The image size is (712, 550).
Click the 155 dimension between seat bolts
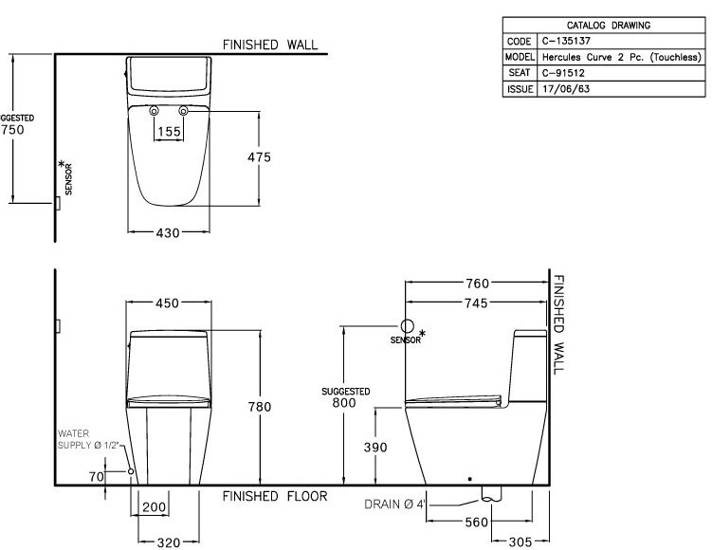pos(168,132)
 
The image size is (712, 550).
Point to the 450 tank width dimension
pos(168,303)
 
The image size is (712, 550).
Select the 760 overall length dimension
pos(477,284)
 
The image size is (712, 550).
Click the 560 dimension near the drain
pos(449,522)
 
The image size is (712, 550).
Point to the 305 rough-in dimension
pos(519,542)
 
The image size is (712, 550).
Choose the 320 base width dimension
pos(168,541)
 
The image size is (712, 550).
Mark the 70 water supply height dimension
pos(96,477)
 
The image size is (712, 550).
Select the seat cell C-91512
pos(559,72)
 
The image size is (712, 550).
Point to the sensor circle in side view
pos(409,324)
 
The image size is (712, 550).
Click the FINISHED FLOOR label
pos(276,496)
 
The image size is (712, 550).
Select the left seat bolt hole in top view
pos(154,112)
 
